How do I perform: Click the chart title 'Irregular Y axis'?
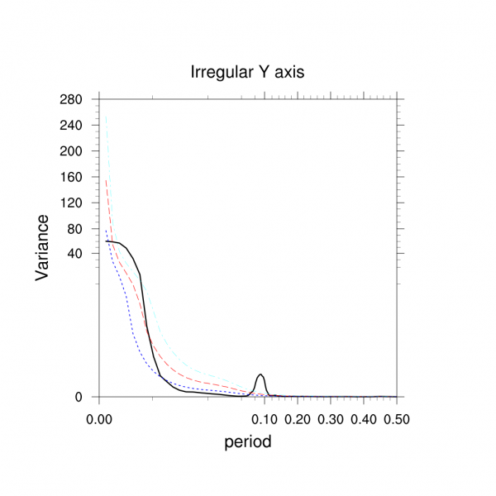[248, 72]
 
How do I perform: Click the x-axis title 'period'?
[248, 441]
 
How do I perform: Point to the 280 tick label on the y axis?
[72, 99]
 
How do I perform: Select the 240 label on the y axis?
[72, 126]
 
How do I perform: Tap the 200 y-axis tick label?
[72, 151]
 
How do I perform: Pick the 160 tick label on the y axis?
[72, 177]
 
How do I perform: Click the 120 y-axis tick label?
[72, 203]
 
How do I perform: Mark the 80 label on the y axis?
[75, 228]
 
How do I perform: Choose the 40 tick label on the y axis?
[75, 254]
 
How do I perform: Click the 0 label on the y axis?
[79, 397]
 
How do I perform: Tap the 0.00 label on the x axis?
[99, 419]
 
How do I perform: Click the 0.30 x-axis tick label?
[331, 419]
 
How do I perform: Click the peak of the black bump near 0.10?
[261, 374]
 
